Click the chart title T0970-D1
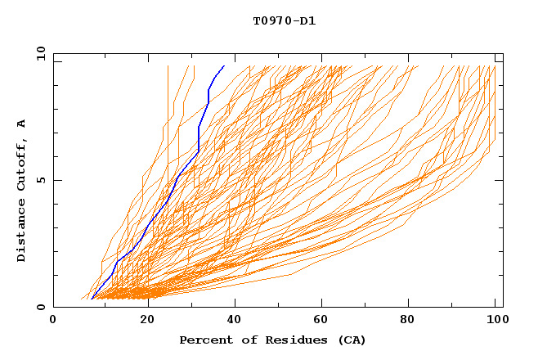[284, 20]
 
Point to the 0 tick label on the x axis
[53, 320]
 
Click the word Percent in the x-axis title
[202, 340]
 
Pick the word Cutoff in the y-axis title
[21, 164]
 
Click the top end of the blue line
[224, 65]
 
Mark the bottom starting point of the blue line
[92, 299]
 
